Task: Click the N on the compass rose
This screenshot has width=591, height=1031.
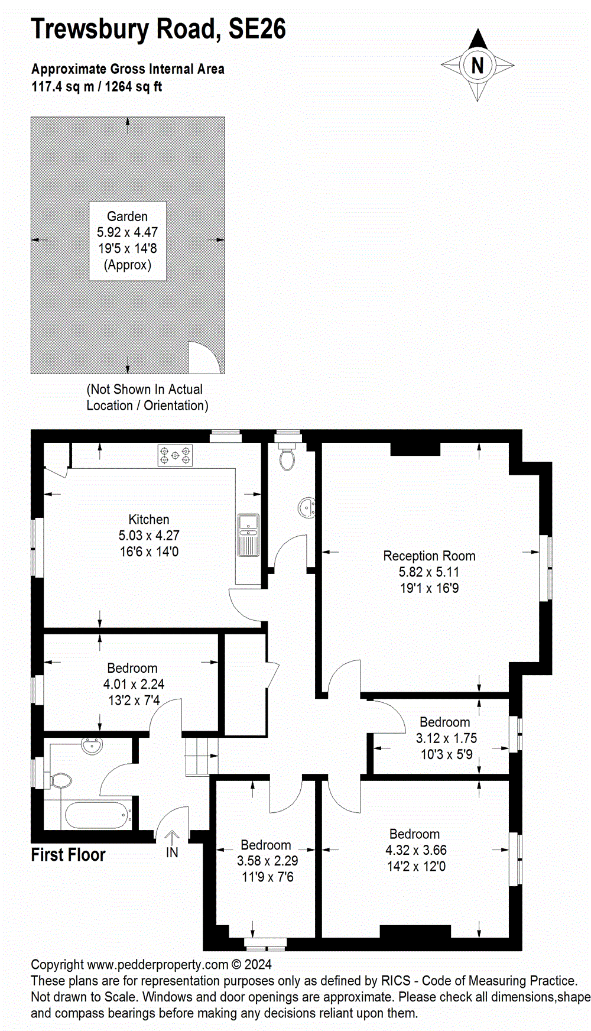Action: pos(478,65)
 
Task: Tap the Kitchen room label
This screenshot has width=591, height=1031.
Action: pos(149,520)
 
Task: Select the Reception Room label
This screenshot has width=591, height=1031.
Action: pos(429,556)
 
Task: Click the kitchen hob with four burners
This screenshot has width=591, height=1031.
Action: pos(175,455)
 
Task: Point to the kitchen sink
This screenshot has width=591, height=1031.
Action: pos(248,535)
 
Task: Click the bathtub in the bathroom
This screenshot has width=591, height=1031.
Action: pos(98,816)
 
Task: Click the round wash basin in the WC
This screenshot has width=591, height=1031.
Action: pos(307,508)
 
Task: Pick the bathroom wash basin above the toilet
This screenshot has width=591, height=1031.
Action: pos(92,746)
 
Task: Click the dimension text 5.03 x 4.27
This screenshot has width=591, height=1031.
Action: pos(149,536)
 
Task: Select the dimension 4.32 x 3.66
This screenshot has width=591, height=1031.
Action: pos(416,850)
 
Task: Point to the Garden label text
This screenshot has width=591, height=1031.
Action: pos(127,216)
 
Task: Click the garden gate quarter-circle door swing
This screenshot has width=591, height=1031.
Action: pos(203,358)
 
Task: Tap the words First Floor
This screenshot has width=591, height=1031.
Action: pos(68,855)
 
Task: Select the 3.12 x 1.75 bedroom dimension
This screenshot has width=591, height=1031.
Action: pos(446,738)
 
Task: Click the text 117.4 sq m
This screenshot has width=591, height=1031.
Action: pos(63,87)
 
